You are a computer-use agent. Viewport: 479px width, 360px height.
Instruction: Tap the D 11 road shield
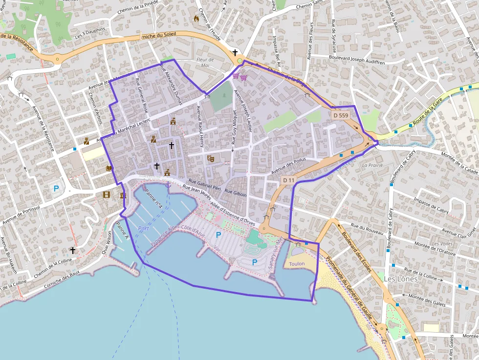point(289,180)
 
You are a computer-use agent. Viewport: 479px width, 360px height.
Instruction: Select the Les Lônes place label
point(401,279)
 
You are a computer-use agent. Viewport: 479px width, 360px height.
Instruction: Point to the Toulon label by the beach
point(297,264)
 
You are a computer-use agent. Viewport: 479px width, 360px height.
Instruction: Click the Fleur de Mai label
point(205,63)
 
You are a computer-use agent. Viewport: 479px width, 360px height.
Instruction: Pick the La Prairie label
point(372,165)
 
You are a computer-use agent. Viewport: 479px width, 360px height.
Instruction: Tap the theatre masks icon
point(211,158)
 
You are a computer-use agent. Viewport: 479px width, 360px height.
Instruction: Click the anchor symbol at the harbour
point(168,185)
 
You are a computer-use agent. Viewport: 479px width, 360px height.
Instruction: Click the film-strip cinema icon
point(107,195)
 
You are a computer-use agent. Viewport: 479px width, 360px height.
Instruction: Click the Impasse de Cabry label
point(431,205)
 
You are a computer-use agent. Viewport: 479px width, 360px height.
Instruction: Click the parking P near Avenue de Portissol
point(56,189)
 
